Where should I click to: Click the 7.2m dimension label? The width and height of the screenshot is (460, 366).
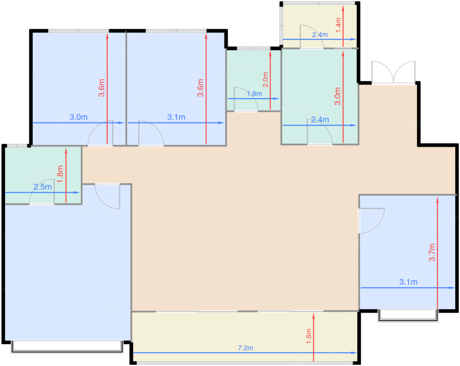pyautogui.click(x=245, y=348)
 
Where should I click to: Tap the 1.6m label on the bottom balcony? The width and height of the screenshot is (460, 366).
pyautogui.click(x=309, y=336)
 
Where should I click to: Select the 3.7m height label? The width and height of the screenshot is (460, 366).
pyautogui.click(x=432, y=253)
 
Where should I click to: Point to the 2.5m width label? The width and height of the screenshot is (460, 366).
pyautogui.click(x=42, y=187)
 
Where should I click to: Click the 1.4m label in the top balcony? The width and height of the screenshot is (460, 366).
pyautogui.click(x=338, y=25)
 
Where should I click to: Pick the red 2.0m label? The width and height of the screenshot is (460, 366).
pyautogui.click(x=265, y=80)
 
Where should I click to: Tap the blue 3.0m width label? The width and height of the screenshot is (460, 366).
pyautogui.click(x=79, y=117)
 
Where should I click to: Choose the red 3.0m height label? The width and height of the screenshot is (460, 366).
pyautogui.click(x=337, y=96)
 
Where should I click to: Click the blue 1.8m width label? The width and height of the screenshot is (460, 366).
pyautogui.click(x=254, y=94)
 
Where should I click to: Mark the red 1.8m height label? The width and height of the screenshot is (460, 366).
pyautogui.click(x=60, y=174)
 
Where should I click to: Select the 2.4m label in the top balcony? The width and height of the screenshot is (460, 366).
pyautogui.click(x=320, y=35)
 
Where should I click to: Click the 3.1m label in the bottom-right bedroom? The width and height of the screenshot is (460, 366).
pyautogui.click(x=408, y=282)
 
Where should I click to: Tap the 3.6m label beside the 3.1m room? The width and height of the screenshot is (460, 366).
pyautogui.click(x=200, y=88)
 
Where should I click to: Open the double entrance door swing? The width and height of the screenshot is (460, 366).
pyautogui.click(x=393, y=72)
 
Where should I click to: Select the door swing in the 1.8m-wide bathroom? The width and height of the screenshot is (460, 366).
pyautogui.click(x=246, y=99)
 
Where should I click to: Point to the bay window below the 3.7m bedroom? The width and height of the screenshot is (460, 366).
pyautogui.click(x=408, y=315)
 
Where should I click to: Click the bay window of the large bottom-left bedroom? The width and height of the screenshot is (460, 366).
pyautogui.click(x=67, y=347)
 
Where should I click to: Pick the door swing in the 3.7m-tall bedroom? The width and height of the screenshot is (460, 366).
pyautogui.click(x=372, y=221)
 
